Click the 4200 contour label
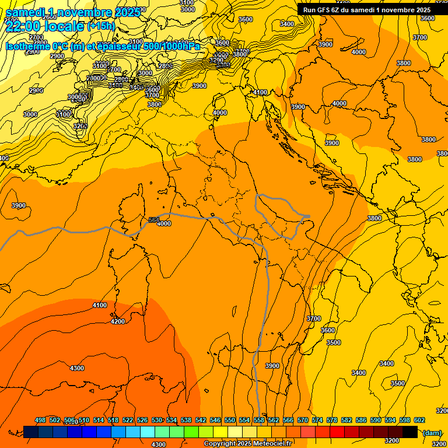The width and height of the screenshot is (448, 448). [118, 321]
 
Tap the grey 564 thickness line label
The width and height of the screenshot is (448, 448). [154, 220]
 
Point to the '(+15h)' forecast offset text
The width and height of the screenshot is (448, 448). [101, 26]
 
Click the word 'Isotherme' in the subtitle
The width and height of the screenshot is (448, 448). [27, 47]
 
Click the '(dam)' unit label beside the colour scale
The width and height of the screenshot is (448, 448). [432, 432]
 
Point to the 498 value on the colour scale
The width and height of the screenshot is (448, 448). [40, 420]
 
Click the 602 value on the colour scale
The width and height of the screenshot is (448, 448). [419, 420]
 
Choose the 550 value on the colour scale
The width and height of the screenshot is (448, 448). [230, 420]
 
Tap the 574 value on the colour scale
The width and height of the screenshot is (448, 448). [317, 420]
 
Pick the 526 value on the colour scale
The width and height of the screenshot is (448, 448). [142, 420]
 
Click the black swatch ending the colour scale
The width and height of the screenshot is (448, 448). [410, 432]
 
